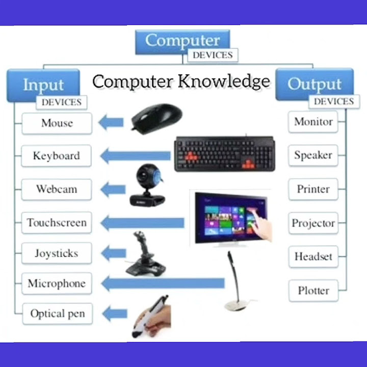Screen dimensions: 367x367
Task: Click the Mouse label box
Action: click(x=57, y=123)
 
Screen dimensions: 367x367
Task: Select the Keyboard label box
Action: click(x=56, y=156)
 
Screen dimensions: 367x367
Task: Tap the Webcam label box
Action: click(x=56, y=189)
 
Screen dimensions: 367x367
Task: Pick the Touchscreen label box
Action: click(x=57, y=223)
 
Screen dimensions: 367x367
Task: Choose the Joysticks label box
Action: click(x=56, y=253)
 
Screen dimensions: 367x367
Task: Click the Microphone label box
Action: click(x=57, y=283)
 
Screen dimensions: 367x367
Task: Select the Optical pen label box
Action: click(x=57, y=313)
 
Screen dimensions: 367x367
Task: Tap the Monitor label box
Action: click(x=313, y=122)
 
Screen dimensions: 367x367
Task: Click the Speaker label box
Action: click(x=313, y=155)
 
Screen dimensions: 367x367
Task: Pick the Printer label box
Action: click(x=313, y=189)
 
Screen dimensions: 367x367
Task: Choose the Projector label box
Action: click(x=313, y=223)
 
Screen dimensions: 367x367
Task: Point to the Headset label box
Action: click(x=313, y=256)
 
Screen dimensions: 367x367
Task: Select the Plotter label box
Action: click(x=313, y=291)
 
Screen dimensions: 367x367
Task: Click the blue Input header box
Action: click(x=43, y=84)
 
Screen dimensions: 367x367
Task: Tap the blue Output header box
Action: click(x=314, y=83)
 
